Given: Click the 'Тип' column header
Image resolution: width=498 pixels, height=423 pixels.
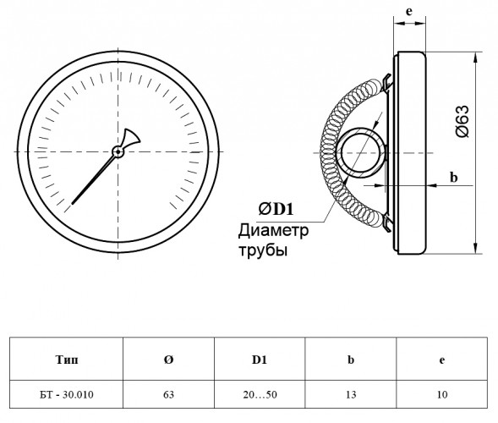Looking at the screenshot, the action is point(67,360).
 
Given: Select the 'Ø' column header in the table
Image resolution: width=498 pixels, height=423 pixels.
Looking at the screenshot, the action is point(168,360).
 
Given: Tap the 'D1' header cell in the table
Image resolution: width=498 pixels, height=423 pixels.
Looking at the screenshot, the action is point(260,360).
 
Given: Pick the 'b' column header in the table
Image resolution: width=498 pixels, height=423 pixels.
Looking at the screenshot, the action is point(351,360).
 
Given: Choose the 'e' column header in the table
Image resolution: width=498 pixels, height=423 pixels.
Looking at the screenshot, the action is point(442,360).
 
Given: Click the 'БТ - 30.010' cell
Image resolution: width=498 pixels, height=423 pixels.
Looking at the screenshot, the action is point(67,394).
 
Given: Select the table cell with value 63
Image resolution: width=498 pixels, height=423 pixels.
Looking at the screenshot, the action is point(168,394).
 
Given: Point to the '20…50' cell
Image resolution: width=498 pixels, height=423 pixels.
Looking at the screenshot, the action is point(260,394).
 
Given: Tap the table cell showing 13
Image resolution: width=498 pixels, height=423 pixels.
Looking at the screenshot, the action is point(351,394).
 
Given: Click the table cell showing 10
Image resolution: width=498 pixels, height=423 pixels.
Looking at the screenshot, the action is point(442,394).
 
